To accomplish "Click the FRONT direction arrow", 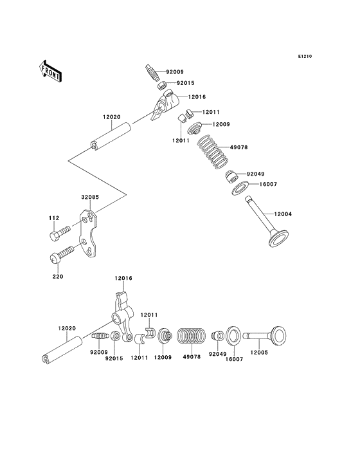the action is tap(50, 71).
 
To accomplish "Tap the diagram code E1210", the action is tap(305, 56).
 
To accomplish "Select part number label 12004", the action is tap(283, 214).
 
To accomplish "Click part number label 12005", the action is tap(259, 353).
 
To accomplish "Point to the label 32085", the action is tap(90, 198).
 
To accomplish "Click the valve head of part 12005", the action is tap(278, 335).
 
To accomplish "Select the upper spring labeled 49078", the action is tap(213, 151).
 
